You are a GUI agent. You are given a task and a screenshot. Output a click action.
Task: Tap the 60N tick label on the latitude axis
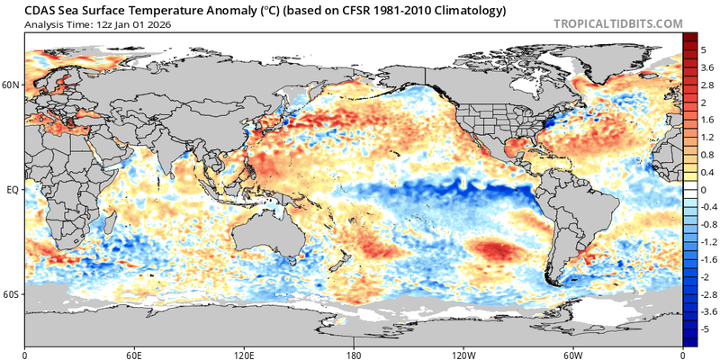tap(11, 85)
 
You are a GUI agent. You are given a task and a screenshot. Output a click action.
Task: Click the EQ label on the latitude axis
tap(13, 191)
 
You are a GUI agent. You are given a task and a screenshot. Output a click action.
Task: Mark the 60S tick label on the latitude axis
tap(11, 295)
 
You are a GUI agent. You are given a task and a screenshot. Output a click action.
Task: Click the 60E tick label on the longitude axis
tap(134, 354)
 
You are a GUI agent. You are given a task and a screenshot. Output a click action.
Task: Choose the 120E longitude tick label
tap(243, 354)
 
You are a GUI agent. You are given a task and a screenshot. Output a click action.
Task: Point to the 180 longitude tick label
tap(354, 354)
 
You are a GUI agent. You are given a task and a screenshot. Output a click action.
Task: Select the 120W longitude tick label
tap(463, 354)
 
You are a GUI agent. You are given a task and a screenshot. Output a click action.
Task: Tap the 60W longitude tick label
tap(573, 354)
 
